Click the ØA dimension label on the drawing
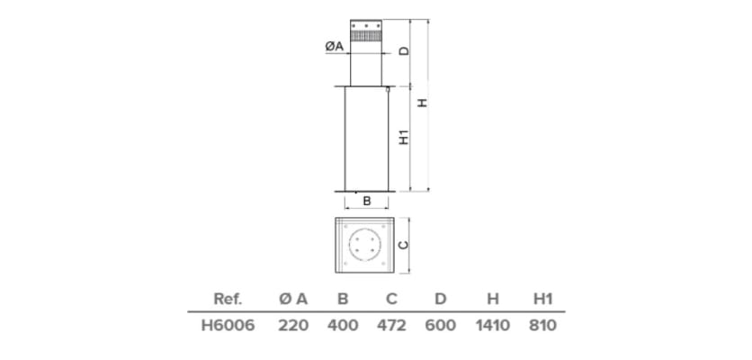click(x=334, y=46)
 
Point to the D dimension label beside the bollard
click(x=404, y=51)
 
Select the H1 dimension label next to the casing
click(x=404, y=138)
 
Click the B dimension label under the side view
click(x=366, y=202)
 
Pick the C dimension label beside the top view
click(x=404, y=244)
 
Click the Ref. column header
click(x=228, y=299)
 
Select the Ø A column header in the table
click(x=293, y=299)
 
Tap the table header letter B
click(x=342, y=299)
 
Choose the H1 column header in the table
click(x=542, y=299)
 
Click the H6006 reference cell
click(x=228, y=325)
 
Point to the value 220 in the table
click(x=293, y=325)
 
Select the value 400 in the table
click(x=342, y=325)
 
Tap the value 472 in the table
click(x=391, y=325)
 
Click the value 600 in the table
click(x=440, y=325)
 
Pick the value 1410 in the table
click(x=492, y=325)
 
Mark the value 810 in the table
click(x=542, y=325)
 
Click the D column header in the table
click(x=440, y=299)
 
